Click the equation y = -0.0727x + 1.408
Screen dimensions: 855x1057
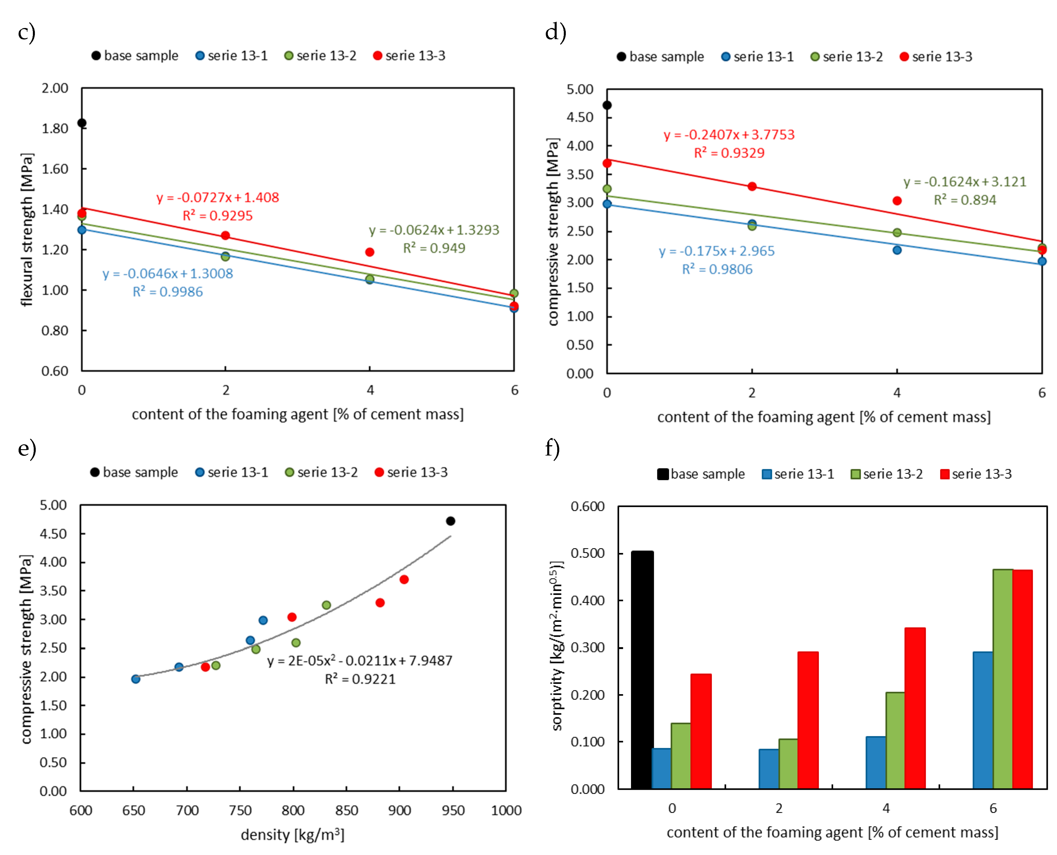(218, 197)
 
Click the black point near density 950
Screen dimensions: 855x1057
(450, 521)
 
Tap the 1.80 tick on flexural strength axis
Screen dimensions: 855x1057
(54, 129)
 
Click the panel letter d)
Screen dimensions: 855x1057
(555, 33)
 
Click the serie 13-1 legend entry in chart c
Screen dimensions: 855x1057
(232, 56)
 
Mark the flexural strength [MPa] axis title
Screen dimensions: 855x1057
(27, 229)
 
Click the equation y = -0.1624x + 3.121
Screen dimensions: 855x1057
(964, 182)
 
